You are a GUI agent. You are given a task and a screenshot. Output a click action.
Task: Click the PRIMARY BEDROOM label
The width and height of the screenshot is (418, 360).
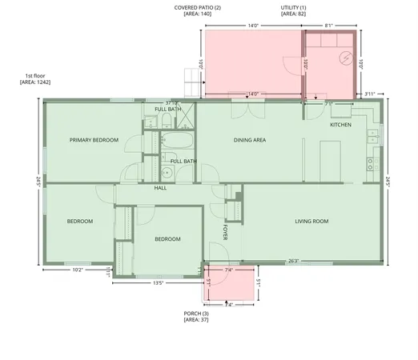tap(94, 140)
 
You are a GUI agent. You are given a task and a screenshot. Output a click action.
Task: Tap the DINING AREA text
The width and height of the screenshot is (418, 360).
tap(249, 140)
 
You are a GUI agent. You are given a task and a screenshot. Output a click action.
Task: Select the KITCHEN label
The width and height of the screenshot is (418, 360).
tap(341, 126)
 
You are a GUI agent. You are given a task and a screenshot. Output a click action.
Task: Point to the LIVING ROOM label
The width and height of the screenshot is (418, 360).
tap(312, 221)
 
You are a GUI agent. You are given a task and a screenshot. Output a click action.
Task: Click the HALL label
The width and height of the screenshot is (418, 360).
tap(160, 188)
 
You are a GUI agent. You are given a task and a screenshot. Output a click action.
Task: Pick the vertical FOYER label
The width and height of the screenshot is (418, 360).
tap(226, 232)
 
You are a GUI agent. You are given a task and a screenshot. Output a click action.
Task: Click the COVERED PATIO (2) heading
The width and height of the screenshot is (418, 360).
tap(198, 8)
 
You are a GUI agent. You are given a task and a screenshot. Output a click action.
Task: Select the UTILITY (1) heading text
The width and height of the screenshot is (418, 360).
tap(293, 8)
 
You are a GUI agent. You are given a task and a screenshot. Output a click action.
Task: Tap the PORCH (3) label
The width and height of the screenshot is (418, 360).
tap(197, 313)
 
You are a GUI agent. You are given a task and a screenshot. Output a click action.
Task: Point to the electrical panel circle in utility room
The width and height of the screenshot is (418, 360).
tap(345, 58)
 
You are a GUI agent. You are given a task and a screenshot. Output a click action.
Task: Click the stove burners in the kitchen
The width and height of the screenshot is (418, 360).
tap(371, 164)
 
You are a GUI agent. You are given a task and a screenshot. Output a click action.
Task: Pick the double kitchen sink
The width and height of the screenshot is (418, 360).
tap(372, 138)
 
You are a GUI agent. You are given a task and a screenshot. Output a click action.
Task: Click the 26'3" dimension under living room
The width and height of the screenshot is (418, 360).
tap(294, 260)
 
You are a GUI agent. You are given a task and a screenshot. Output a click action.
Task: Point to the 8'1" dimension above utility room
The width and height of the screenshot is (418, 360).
tap(328, 26)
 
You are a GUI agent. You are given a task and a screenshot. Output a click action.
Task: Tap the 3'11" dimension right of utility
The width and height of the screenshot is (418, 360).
tap(369, 94)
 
